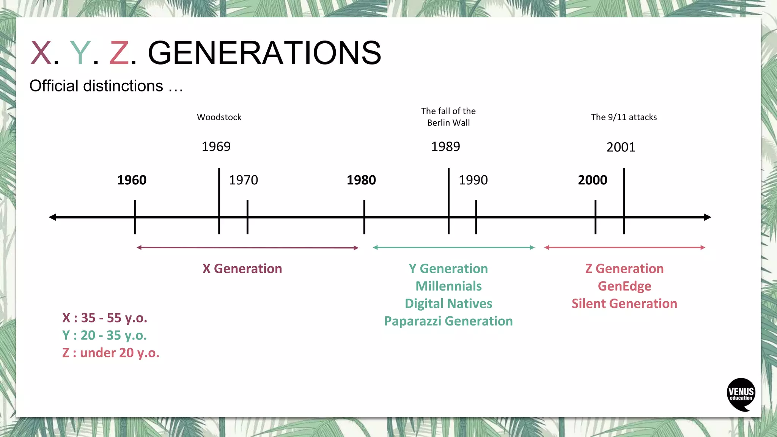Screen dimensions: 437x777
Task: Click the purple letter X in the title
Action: [41, 53]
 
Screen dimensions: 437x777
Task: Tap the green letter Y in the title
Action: [80, 53]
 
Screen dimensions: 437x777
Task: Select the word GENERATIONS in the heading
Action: [264, 53]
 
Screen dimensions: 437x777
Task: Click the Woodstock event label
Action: [219, 117]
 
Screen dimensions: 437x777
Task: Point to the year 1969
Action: [216, 146]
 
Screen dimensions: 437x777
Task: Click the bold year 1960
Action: [132, 180]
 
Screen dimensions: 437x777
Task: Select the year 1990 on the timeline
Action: [473, 180]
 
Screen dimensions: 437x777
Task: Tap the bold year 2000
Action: [592, 180]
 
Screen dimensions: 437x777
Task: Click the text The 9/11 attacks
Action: [624, 117]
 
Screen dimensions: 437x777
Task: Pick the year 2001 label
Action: [621, 147]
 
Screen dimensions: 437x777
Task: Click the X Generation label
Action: [242, 269]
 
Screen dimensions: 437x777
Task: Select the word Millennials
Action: [448, 286]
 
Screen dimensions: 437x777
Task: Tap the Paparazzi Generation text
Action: [448, 321]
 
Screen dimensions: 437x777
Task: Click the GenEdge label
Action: [624, 286]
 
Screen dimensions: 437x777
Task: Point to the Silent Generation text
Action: [624, 303]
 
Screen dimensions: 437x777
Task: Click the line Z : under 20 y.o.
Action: [111, 353]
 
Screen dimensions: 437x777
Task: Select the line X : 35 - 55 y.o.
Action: [105, 318]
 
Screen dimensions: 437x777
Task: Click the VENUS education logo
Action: [741, 394]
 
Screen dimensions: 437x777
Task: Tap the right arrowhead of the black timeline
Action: [708, 217]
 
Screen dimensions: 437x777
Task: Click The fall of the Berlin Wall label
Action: [448, 117]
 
